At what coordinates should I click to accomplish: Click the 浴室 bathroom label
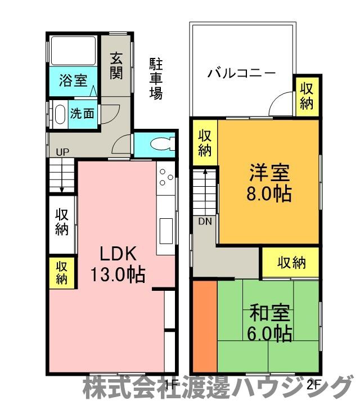tap(73, 80)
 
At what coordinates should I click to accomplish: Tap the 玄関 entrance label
tap(116, 66)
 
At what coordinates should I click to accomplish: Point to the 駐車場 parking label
tap(156, 78)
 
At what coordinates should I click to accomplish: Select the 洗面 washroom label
tap(82, 112)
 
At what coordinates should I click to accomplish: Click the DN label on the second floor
tap(205, 221)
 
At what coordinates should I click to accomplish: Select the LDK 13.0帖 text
tap(118, 264)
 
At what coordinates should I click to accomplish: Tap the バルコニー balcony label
tap(241, 73)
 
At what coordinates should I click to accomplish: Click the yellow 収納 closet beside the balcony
tap(307, 96)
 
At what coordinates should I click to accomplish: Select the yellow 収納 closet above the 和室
tap(291, 263)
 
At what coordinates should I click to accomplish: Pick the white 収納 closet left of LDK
tap(61, 222)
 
